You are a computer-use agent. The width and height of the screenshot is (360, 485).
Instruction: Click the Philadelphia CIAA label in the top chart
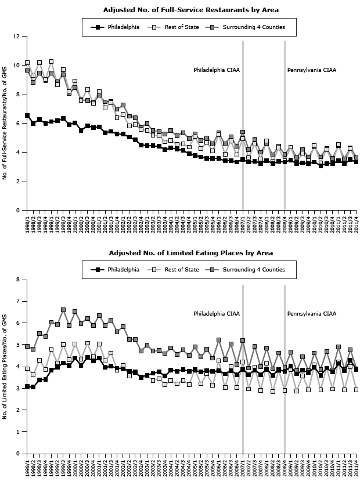(217, 71)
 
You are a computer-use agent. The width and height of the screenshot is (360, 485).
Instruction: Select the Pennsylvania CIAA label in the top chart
(312, 71)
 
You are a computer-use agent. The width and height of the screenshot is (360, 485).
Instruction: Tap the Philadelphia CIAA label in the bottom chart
(217, 314)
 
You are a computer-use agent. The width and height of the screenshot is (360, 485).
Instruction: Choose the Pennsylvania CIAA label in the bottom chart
(312, 314)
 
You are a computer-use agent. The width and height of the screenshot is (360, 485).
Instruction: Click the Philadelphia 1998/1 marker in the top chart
(27, 115)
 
